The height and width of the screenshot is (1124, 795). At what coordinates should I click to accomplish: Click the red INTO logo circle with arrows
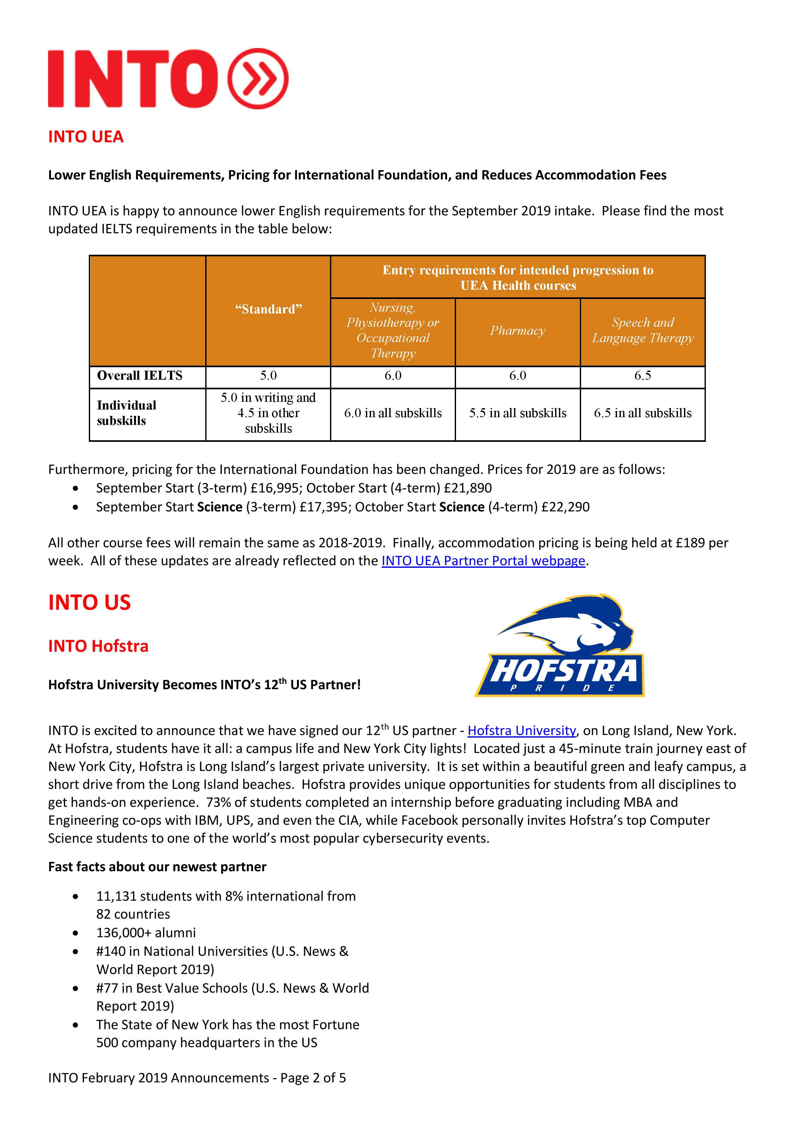[258, 78]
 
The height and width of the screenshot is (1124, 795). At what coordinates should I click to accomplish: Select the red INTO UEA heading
[86, 136]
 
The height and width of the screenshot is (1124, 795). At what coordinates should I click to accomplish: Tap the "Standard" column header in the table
[268, 310]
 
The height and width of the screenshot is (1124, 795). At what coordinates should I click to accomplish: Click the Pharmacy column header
[518, 331]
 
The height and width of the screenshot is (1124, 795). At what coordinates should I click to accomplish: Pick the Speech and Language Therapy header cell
[643, 330]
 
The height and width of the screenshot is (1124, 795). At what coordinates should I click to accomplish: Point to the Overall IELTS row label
[140, 376]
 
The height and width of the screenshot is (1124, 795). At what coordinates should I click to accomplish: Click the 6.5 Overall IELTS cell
[643, 376]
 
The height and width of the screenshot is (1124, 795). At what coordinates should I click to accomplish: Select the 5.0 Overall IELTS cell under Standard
[268, 376]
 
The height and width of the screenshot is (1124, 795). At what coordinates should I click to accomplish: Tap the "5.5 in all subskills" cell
[518, 413]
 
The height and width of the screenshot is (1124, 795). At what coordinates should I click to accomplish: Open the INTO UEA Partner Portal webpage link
[483, 561]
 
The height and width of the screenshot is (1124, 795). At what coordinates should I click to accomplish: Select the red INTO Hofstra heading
[98, 646]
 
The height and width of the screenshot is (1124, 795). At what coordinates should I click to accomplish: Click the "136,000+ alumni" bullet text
[146, 933]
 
